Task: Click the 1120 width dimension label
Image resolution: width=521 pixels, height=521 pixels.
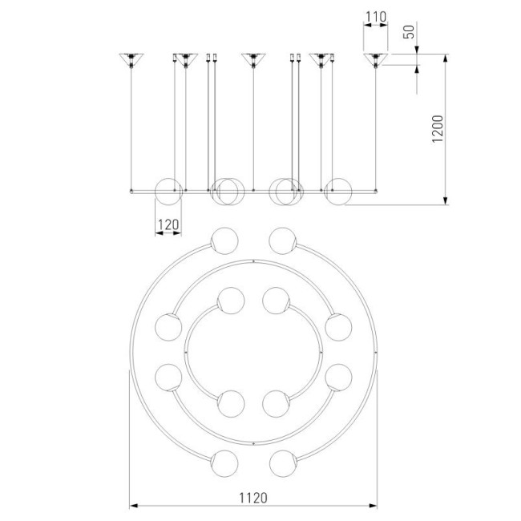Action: (x=253, y=498)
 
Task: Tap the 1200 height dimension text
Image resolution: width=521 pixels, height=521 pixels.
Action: (x=438, y=129)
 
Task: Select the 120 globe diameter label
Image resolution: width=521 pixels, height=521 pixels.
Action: (x=168, y=224)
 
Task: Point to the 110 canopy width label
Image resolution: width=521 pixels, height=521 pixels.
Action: (x=376, y=17)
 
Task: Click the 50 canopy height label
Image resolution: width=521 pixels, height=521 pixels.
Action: (x=410, y=32)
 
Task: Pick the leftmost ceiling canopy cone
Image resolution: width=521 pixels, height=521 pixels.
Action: (x=131, y=60)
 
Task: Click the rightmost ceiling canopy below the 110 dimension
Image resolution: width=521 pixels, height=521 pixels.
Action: (x=376, y=60)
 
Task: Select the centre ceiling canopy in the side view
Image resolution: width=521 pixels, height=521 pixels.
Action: (x=253, y=60)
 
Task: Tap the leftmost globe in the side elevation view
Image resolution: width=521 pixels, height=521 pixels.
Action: (x=169, y=192)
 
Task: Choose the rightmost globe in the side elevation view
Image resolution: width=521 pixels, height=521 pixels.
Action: (x=338, y=192)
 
